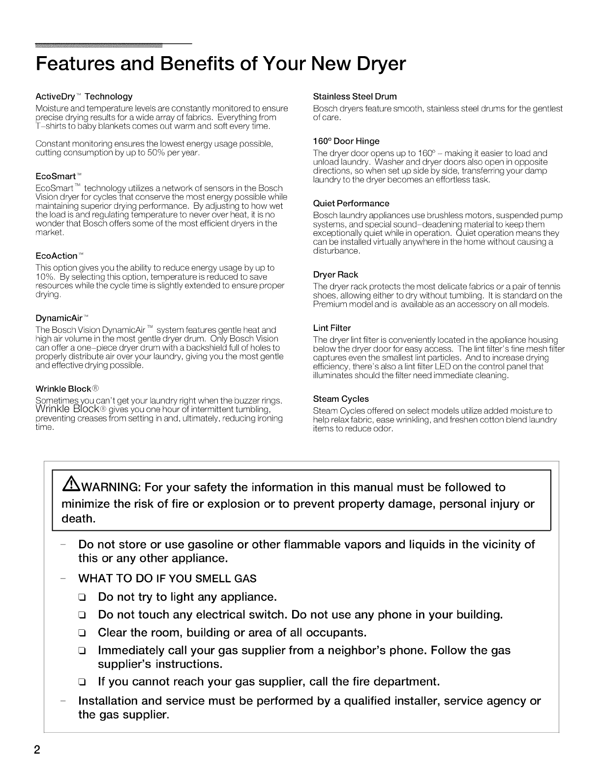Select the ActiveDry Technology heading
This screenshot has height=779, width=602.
[x=84, y=96]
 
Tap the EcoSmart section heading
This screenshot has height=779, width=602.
[x=58, y=176]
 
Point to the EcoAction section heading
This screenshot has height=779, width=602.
[x=60, y=256]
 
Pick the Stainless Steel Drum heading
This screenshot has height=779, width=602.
[x=355, y=96]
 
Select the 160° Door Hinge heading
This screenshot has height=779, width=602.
[x=346, y=141]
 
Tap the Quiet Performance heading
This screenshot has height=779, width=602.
[x=351, y=203]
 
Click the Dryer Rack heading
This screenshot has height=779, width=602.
[x=335, y=274]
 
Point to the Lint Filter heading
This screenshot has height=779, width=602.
[x=331, y=328]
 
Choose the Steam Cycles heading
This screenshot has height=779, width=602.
[x=340, y=399]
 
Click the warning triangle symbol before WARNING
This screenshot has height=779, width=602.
[x=66, y=487]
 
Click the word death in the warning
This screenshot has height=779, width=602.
[x=78, y=519]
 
